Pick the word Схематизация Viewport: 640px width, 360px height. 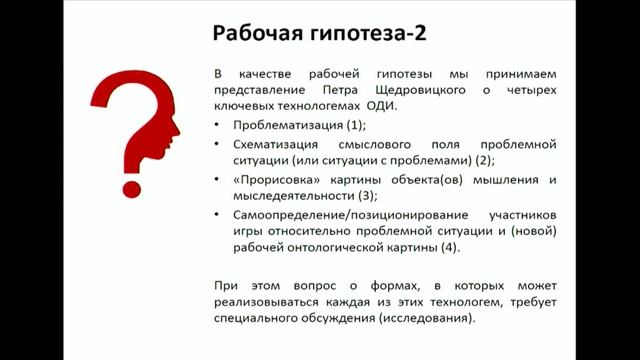click(x=275, y=144)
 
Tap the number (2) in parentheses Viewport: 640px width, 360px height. click(x=484, y=160)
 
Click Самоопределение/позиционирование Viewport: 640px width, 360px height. click(x=333, y=215)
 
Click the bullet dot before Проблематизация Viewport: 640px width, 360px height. click(x=218, y=126)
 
